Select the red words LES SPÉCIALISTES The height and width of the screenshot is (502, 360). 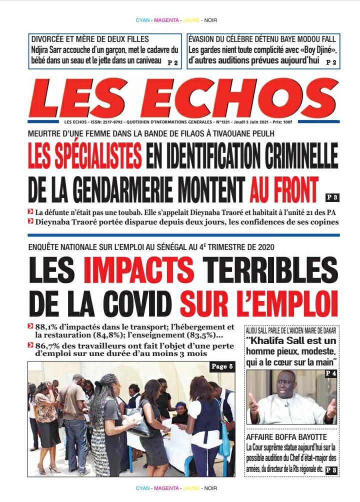tap(84, 156)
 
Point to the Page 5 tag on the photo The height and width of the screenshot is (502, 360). tap(221, 367)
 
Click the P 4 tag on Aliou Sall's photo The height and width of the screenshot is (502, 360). tap(330, 374)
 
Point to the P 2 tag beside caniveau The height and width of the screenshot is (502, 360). tap(172, 62)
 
